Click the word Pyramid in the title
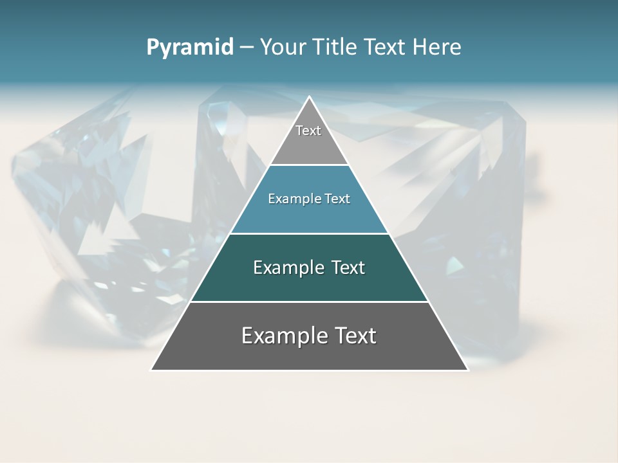click(189, 48)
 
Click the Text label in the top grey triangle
click(308, 131)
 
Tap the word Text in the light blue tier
click(337, 199)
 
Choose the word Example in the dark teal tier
click(288, 268)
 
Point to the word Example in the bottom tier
click(283, 336)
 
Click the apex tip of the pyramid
click(309, 97)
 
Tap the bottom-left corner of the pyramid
click(151, 370)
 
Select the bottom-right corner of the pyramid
click(467, 370)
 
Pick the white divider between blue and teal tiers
click(309, 233)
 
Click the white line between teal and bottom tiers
click(309, 302)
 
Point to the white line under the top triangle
click(309, 165)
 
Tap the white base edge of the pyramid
click(309, 370)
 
